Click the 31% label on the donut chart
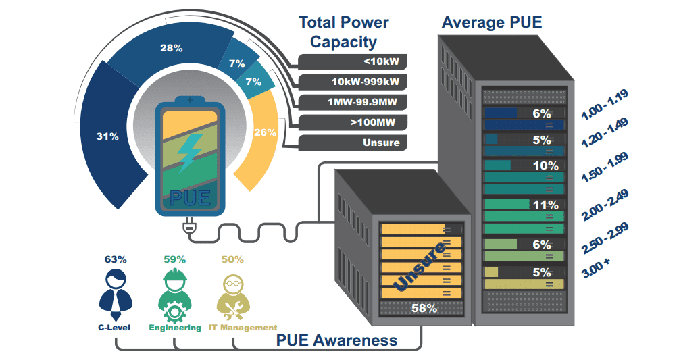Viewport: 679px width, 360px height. (x=107, y=136)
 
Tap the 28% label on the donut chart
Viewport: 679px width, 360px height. (x=172, y=48)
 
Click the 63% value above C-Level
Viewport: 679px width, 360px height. (x=116, y=259)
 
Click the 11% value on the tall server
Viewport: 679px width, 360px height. (x=545, y=205)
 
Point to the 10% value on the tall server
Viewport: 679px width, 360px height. (x=545, y=165)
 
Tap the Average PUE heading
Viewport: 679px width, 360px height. (x=491, y=22)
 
